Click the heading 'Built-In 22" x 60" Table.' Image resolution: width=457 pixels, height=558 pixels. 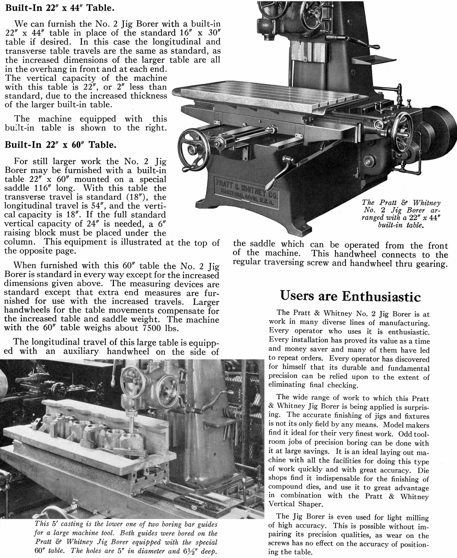[60, 145]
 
